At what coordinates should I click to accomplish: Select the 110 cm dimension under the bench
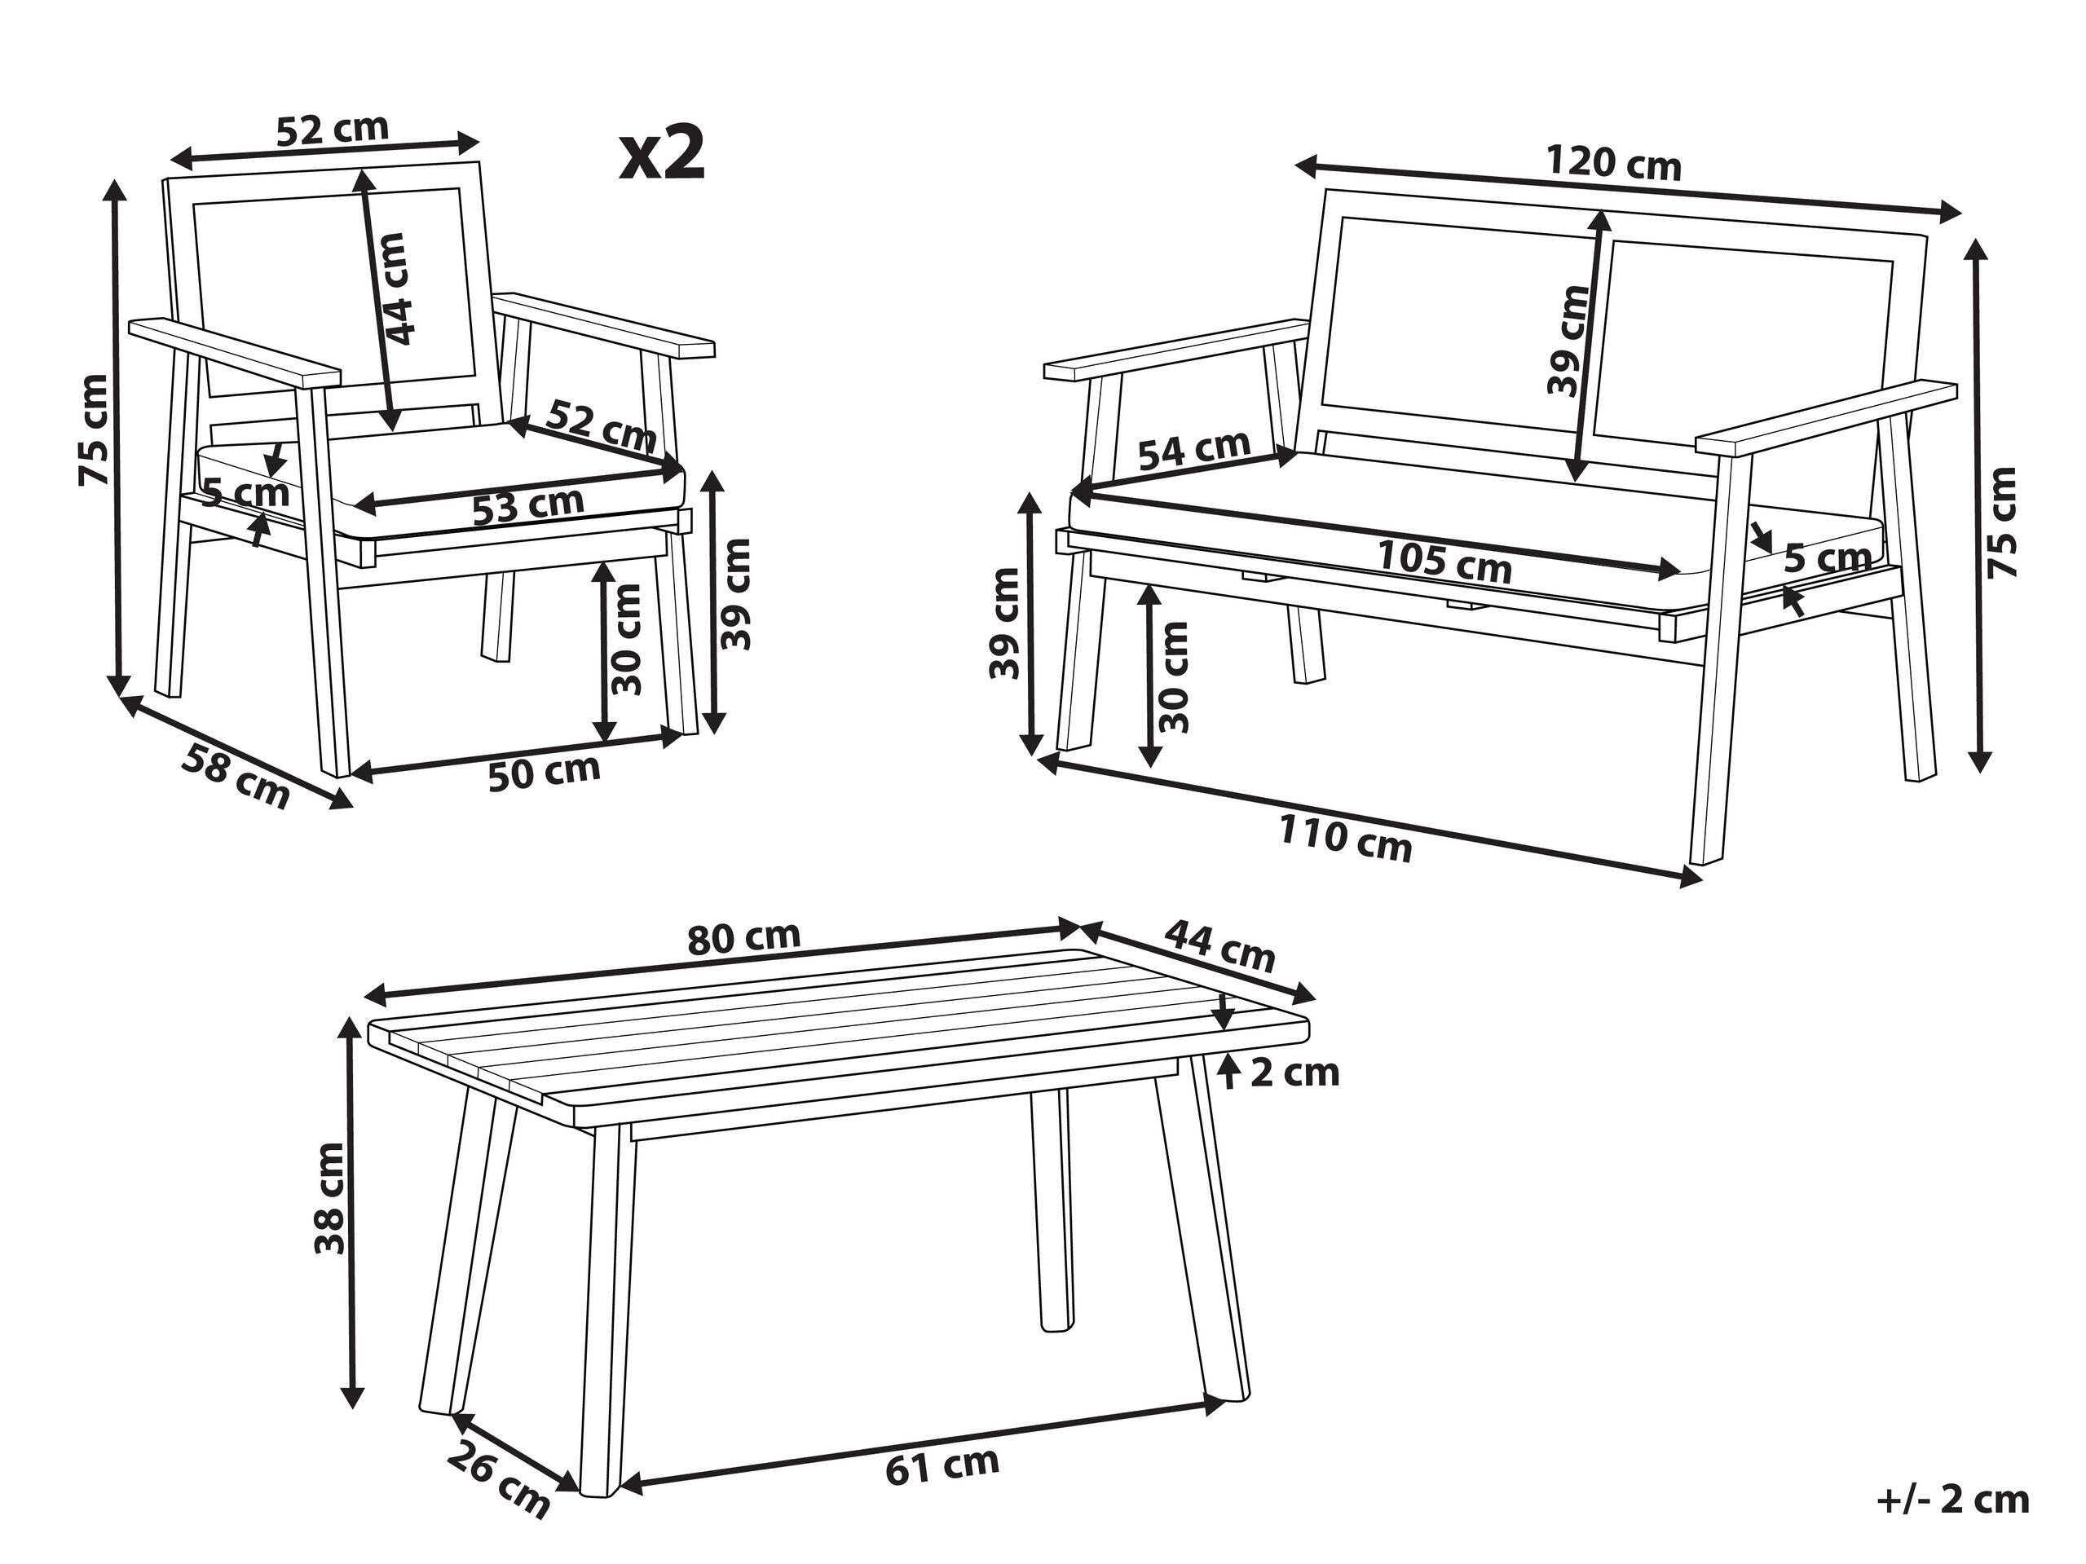(1345, 839)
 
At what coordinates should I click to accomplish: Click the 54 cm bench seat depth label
(1194, 450)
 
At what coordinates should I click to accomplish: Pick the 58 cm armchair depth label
(235, 776)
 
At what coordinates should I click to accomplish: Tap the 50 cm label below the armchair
(545, 771)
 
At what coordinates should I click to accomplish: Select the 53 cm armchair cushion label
(528, 505)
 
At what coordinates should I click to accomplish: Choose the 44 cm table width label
(1220, 945)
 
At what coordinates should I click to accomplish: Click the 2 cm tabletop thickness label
(1293, 1072)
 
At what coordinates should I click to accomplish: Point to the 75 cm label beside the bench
(2001, 522)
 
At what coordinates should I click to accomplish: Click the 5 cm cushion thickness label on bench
(1827, 559)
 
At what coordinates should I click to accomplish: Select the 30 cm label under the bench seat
(1173, 678)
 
